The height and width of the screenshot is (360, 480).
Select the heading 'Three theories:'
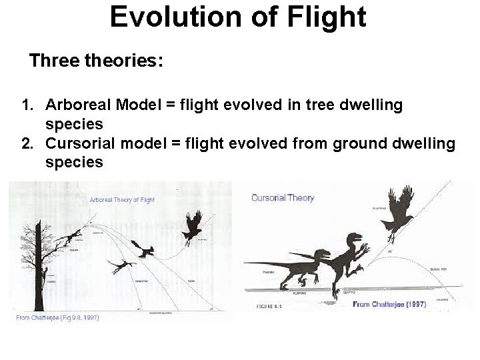click(x=96, y=61)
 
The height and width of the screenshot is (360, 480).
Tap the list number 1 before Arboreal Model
click(x=27, y=105)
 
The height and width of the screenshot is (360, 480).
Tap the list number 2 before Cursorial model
click(x=27, y=143)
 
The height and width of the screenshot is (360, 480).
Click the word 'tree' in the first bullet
click(x=324, y=105)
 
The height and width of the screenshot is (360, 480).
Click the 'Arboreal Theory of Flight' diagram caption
click(x=122, y=199)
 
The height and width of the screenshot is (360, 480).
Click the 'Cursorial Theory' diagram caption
click(x=283, y=198)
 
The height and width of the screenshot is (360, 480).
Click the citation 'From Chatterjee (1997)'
click(x=390, y=304)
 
